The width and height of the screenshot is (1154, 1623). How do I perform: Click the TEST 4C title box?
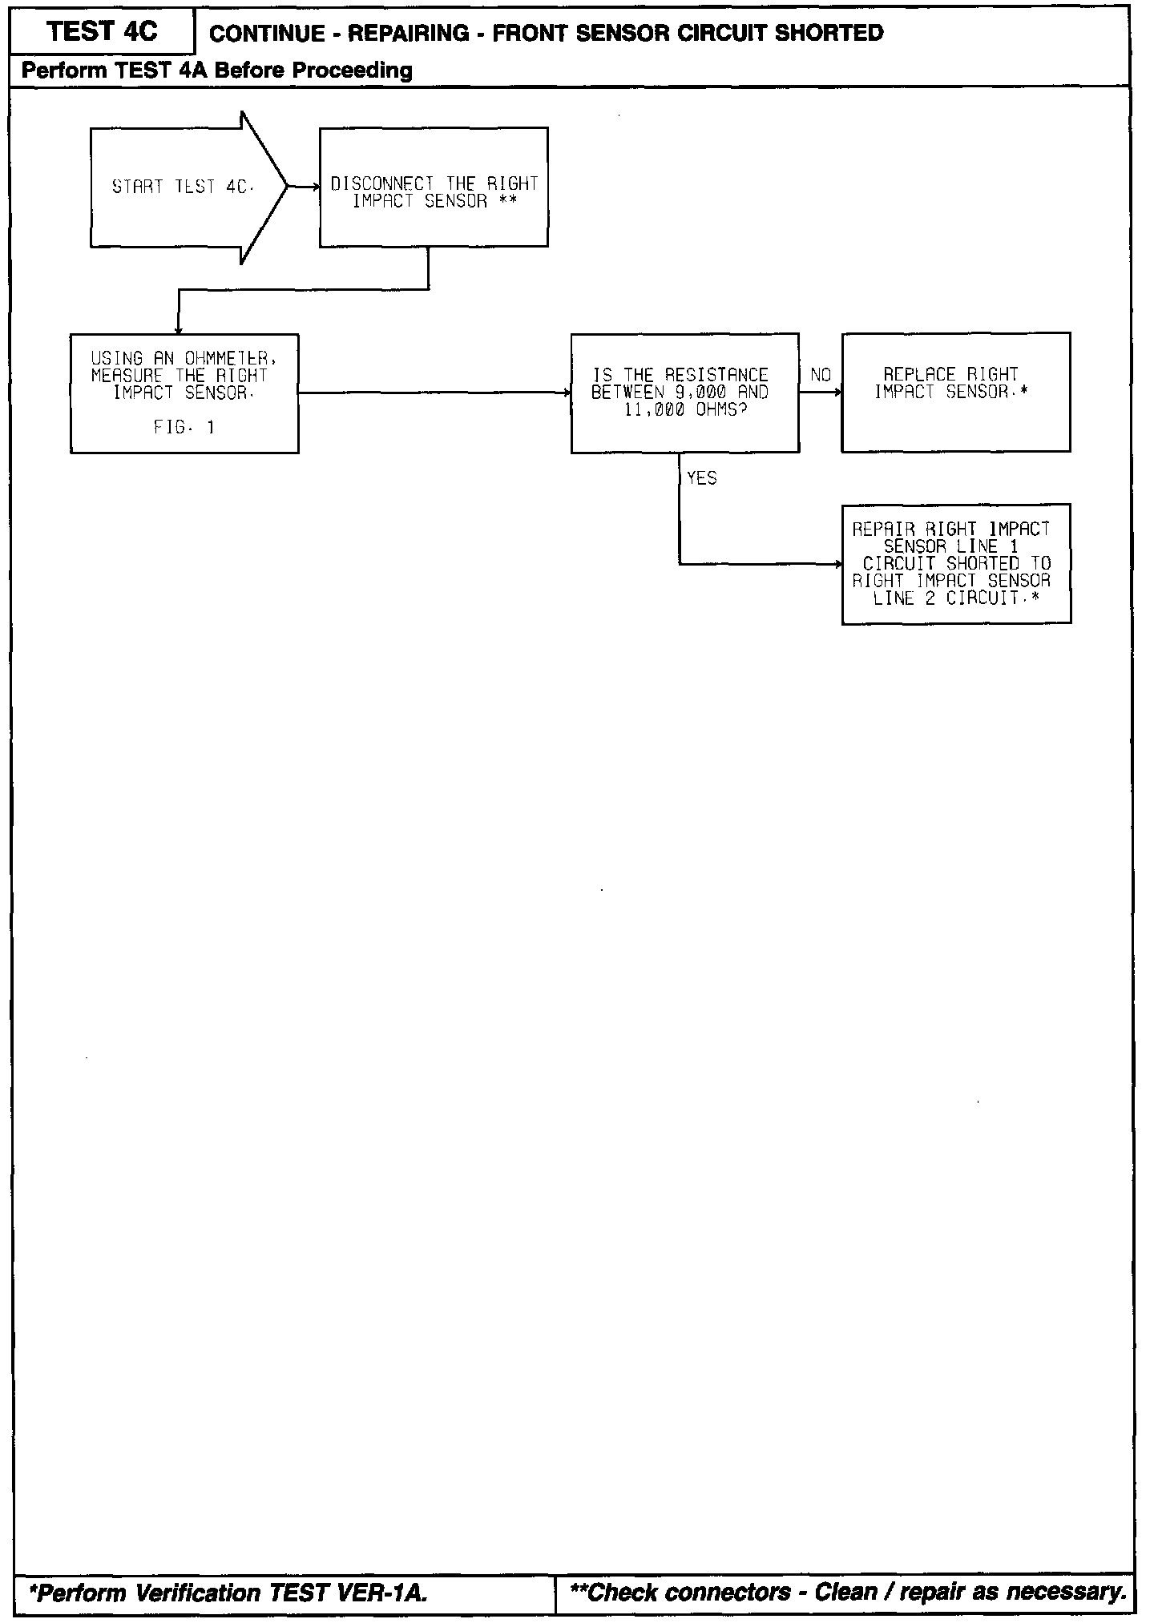pyautogui.click(x=102, y=32)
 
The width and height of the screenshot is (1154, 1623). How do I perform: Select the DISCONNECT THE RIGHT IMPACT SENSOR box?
pyautogui.click(x=434, y=187)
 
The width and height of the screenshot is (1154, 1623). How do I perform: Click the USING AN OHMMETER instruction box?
pyautogui.click(x=184, y=393)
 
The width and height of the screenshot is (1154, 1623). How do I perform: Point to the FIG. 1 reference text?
pyautogui.click(x=184, y=428)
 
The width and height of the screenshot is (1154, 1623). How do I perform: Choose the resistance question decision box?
pyautogui.click(x=684, y=393)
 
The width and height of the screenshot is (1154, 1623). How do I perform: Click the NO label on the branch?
pyautogui.click(x=821, y=375)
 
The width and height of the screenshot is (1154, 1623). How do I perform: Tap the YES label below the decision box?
pyautogui.click(x=702, y=478)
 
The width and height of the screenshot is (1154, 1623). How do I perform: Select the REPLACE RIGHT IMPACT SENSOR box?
pyautogui.click(x=955, y=393)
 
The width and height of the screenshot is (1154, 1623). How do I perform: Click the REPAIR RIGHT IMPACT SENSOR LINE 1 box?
pyautogui.click(x=955, y=564)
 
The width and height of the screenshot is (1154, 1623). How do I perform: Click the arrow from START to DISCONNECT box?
pyautogui.click(x=303, y=187)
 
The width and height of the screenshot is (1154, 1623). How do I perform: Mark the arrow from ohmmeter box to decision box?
pyautogui.click(x=434, y=393)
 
